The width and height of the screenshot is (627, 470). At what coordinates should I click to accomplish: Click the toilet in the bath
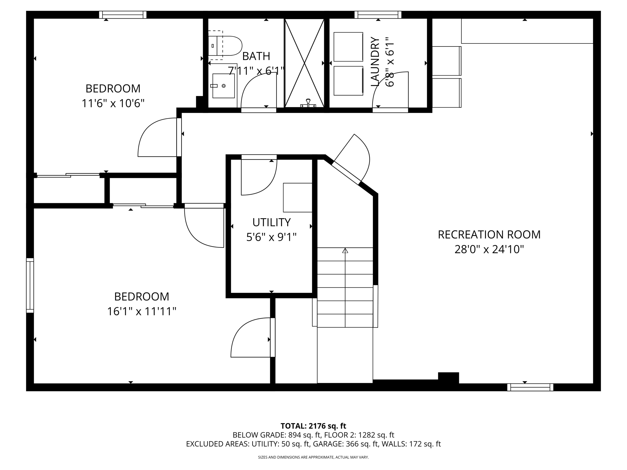[225, 46]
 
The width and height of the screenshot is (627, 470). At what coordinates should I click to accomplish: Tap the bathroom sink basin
[223, 86]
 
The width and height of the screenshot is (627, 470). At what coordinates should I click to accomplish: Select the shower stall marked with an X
[304, 63]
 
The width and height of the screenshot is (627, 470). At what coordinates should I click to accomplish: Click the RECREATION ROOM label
[489, 235]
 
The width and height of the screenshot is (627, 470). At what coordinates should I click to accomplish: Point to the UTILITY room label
[271, 222]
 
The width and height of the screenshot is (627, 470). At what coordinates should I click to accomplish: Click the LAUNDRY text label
[375, 62]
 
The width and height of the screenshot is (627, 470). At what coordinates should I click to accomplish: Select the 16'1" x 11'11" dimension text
[142, 311]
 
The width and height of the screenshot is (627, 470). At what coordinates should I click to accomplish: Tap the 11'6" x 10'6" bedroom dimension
[113, 103]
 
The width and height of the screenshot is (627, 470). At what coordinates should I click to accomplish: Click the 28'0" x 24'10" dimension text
[489, 249]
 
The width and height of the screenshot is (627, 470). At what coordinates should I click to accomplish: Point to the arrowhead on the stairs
[345, 250]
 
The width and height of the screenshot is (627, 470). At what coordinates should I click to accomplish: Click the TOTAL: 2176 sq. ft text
[313, 426]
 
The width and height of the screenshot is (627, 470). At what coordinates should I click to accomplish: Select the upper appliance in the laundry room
[348, 47]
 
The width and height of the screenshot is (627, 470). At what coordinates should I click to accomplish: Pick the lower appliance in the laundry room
[348, 81]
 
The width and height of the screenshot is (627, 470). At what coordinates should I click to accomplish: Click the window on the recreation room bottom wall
[530, 387]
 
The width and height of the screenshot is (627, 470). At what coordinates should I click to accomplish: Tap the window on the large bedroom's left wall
[30, 285]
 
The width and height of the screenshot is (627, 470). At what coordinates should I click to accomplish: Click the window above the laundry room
[378, 15]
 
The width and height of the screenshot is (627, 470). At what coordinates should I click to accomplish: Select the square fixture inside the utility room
[298, 197]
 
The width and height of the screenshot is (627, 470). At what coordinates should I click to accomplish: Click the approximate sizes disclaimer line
[313, 457]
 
